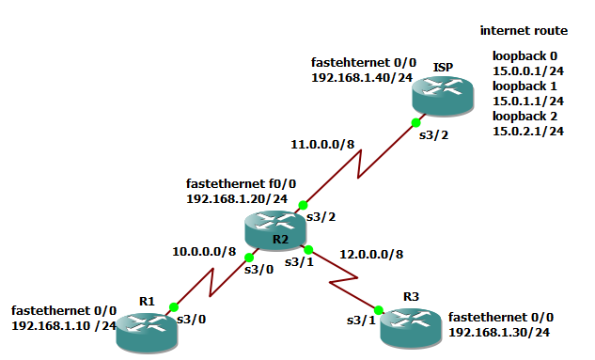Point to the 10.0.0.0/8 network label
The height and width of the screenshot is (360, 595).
point(202,252)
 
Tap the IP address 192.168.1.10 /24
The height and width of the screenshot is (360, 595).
point(63,325)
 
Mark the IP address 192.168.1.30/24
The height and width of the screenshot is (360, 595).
point(499,333)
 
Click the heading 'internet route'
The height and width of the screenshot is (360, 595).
point(524,31)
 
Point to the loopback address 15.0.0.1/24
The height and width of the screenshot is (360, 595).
point(528,70)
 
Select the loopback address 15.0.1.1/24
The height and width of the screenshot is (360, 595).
point(528,101)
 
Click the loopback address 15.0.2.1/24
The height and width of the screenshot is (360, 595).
point(528,131)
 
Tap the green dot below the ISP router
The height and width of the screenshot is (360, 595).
point(415,122)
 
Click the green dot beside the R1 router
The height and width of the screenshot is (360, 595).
point(173,306)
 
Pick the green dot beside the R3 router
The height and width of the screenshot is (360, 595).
point(379,309)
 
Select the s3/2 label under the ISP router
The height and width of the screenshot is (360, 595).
point(433,135)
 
